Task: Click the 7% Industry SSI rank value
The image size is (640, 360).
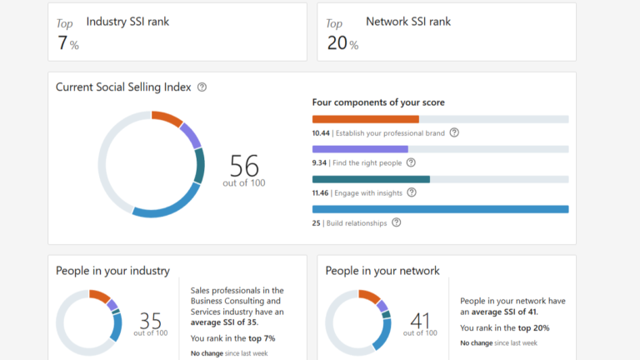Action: tap(67, 43)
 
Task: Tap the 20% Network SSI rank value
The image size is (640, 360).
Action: tap(342, 43)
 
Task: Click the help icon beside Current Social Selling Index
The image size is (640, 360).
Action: tap(202, 87)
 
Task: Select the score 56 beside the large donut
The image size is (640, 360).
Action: tap(244, 165)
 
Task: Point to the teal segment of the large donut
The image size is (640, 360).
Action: tap(199, 165)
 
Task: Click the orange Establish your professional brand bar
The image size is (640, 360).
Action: tap(365, 119)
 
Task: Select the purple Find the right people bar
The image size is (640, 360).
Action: tap(360, 149)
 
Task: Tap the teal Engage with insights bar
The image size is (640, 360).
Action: tap(371, 179)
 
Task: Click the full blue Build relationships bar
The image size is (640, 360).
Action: tap(440, 209)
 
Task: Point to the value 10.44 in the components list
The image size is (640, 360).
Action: tap(321, 132)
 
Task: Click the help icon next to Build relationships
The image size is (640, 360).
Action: tap(397, 222)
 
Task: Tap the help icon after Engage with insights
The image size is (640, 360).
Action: tap(411, 192)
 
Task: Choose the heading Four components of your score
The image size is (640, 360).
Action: tap(377, 102)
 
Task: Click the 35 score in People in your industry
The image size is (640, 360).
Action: tap(151, 320)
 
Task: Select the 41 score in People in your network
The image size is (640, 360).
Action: tap(420, 320)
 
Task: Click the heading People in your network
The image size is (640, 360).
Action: tap(382, 271)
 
